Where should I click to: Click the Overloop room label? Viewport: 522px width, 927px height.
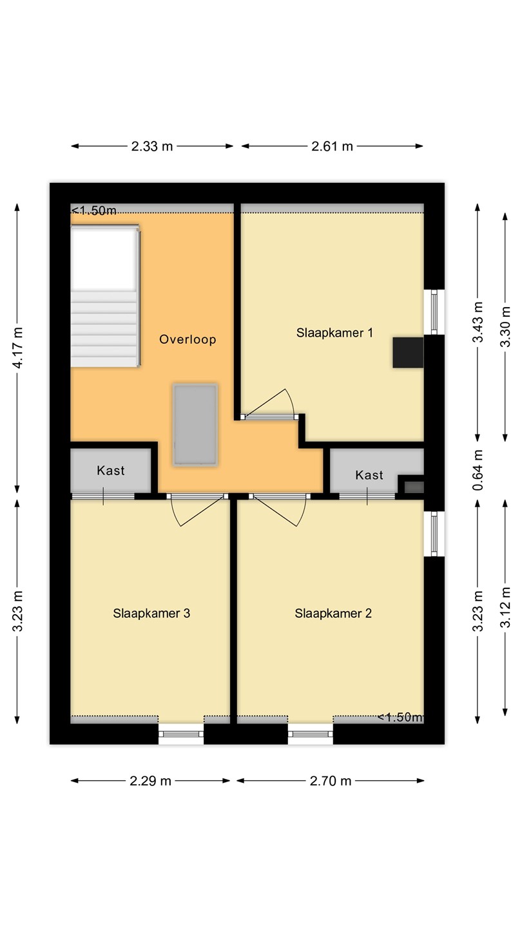(x=188, y=339)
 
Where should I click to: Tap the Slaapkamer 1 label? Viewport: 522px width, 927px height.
(x=334, y=333)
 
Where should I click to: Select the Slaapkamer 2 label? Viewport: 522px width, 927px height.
(x=333, y=613)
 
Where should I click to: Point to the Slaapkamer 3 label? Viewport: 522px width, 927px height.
(x=151, y=613)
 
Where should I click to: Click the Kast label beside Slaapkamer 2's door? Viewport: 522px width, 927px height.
(x=369, y=475)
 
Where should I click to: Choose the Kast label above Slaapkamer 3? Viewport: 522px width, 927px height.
(x=111, y=471)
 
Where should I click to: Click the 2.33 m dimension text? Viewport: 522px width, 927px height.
(x=152, y=146)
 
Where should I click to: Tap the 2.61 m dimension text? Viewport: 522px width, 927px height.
(x=333, y=146)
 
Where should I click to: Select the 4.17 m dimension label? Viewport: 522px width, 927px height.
(x=17, y=348)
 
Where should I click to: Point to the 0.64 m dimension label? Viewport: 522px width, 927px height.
(x=478, y=470)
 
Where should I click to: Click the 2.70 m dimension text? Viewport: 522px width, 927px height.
(x=331, y=781)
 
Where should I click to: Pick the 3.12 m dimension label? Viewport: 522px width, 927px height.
(x=505, y=608)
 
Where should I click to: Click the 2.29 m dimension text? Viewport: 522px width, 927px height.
(x=150, y=781)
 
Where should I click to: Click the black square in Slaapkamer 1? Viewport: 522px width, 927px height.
(x=408, y=353)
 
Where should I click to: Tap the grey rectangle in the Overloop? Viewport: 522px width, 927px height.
(x=195, y=425)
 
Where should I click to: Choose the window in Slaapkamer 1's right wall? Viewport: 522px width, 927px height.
(x=434, y=312)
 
